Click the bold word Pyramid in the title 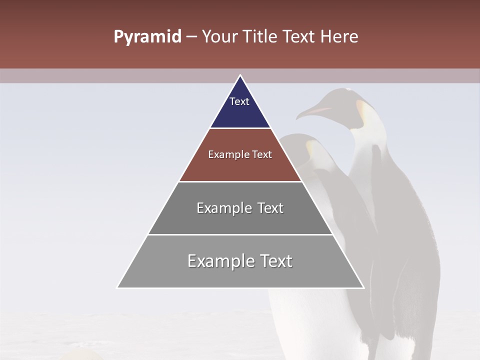click(x=147, y=37)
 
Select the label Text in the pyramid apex click(x=239, y=101)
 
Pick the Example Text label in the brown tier click(x=240, y=154)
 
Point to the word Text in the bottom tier click(x=276, y=261)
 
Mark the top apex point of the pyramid click(x=240, y=75)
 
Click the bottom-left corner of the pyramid click(x=117, y=287)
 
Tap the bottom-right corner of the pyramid click(x=363, y=287)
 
